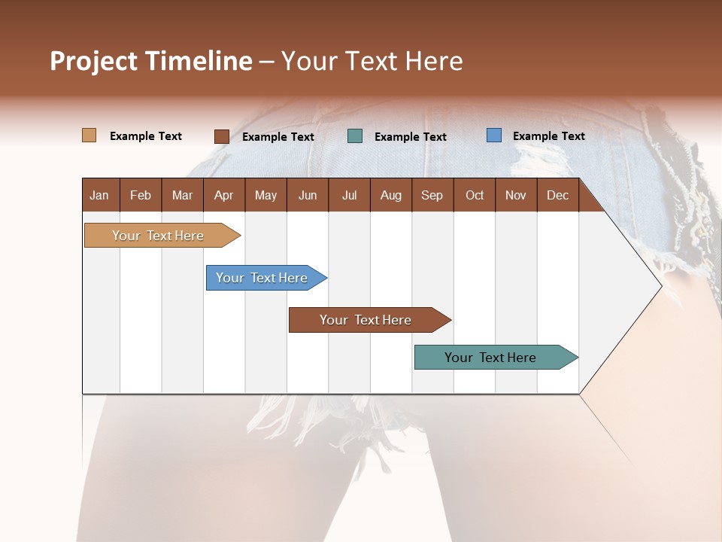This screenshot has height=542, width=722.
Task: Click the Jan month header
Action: coord(100,195)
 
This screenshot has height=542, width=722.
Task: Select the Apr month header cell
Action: coord(223,195)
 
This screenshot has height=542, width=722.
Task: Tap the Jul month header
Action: coord(349,195)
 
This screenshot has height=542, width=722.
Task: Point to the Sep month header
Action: coord(432,195)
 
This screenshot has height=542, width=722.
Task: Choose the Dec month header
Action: coord(557,195)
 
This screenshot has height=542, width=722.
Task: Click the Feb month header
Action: coord(141,195)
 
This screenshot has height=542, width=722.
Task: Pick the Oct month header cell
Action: coord(475,195)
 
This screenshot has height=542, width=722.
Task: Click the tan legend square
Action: coord(89,135)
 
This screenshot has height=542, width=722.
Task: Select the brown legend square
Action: coord(221,136)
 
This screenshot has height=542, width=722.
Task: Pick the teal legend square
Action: coord(355,136)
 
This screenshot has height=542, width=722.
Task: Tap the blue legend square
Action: coord(494,135)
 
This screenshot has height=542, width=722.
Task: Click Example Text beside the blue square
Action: coord(548,136)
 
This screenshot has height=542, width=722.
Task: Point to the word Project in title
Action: coord(93,61)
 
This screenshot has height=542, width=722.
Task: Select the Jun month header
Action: coord(308,195)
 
